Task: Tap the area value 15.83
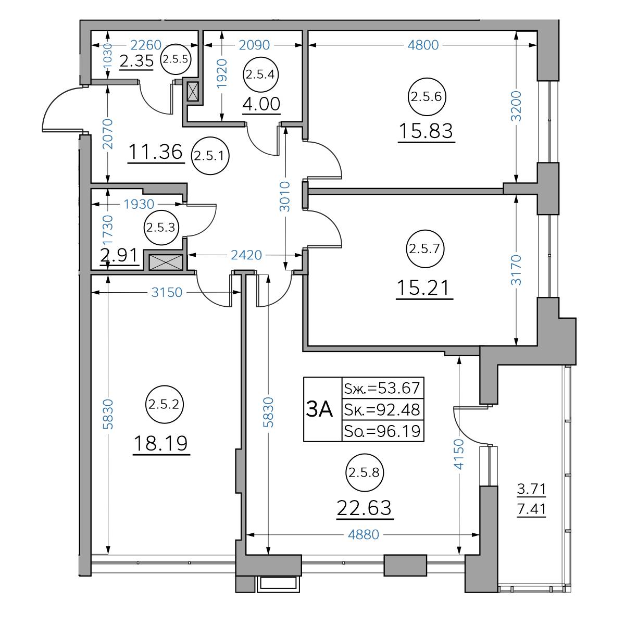[x=426, y=131]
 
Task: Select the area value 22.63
[x=364, y=508]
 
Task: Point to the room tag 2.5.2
[x=164, y=405]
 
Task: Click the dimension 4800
[x=423, y=45]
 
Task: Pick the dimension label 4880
[x=363, y=534]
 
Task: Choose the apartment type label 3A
[x=319, y=409]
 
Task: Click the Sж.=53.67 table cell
[x=383, y=388]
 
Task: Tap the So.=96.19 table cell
[x=383, y=431]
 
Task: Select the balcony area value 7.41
[x=532, y=509]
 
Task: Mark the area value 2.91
[x=120, y=255]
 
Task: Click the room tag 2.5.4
[x=260, y=74]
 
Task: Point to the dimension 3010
[x=285, y=196]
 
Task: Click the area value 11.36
[x=156, y=152]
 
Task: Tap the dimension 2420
[x=246, y=255]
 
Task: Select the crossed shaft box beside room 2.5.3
[x=166, y=262]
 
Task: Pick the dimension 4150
[x=459, y=454]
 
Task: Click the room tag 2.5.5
[x=176, y=59]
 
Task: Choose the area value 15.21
[x=423, y=288]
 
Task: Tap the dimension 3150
[x=167, y=292]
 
